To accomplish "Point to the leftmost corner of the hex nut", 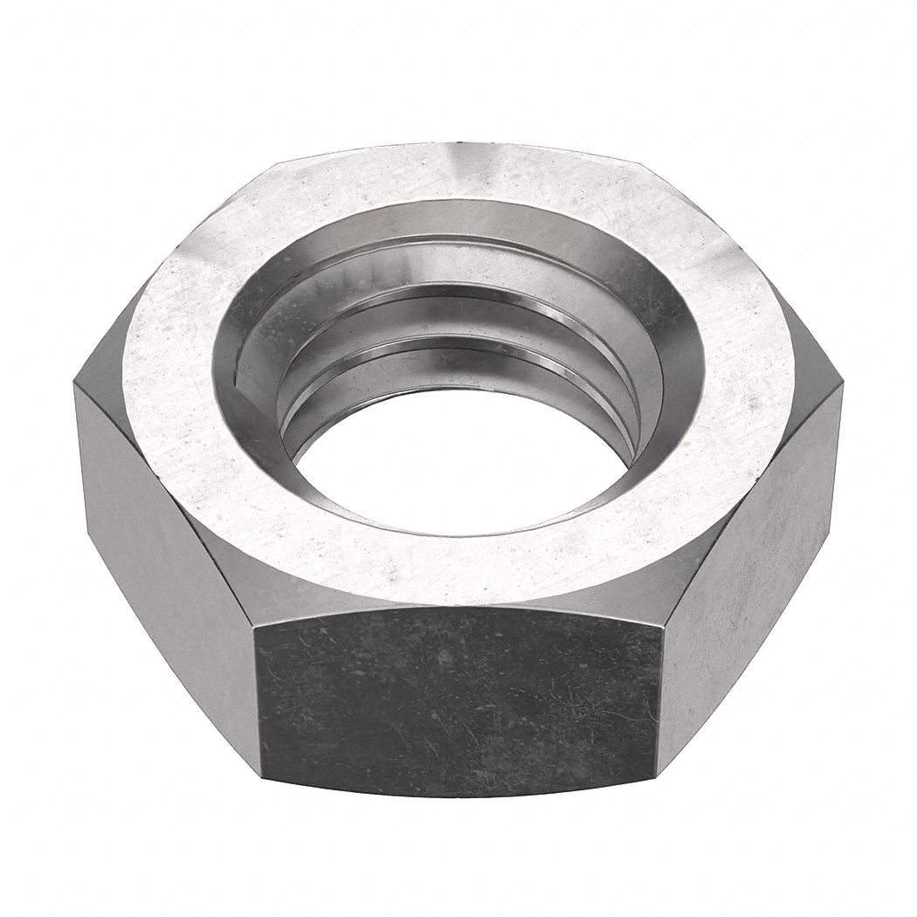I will click(x=76, y=384).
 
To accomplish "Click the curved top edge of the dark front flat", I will click(x=458, y=603).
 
